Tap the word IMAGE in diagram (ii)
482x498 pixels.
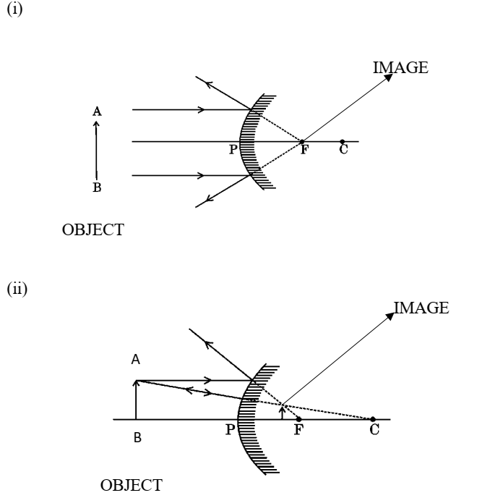click(x=421, y=309)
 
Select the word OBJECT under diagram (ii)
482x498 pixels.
click(x=129, y=483)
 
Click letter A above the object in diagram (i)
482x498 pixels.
click(x=96, y=111)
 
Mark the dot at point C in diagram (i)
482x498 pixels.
click(x=342, y=141)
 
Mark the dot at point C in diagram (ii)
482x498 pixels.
click(x=372, y=419)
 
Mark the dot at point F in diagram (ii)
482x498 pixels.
click(x=299, y=419)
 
